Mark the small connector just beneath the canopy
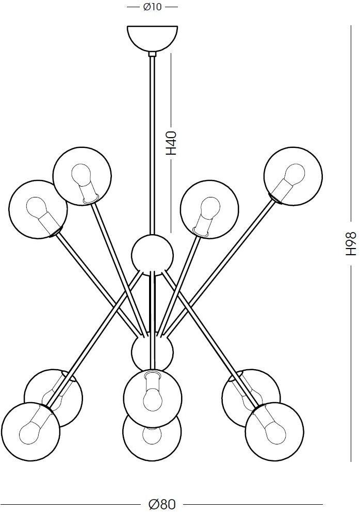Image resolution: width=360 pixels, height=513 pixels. point(152,53)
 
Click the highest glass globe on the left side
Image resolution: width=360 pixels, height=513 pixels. point(82,177)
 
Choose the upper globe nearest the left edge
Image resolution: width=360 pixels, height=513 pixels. point(38,208)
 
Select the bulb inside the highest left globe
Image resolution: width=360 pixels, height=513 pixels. point(83,178)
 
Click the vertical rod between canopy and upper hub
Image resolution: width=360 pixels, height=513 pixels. point(152,144)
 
